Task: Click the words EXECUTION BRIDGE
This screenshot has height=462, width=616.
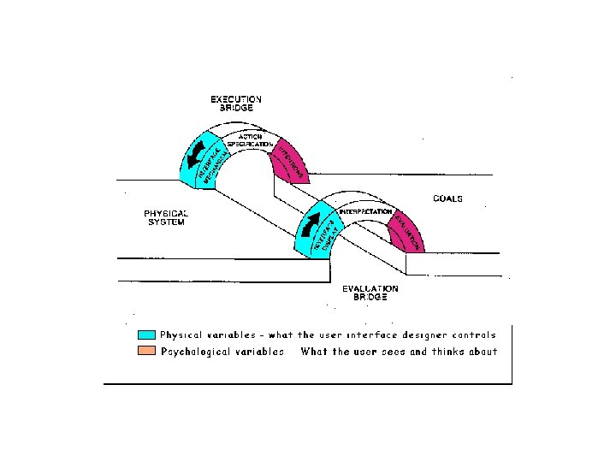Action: [236, 104]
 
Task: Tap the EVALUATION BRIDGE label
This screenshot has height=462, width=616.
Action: [370, 293]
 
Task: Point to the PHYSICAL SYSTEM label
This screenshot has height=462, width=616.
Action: [165, 217]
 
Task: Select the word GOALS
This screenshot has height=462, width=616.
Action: [447, 198]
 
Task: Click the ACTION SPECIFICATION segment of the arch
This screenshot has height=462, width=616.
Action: [250, 141]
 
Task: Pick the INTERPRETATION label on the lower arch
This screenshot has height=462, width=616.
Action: [365, 211]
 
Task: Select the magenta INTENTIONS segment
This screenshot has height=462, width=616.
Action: [290, 161]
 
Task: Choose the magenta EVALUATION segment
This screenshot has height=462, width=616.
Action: [406, 233]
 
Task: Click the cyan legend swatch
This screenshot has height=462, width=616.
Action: [146, 335]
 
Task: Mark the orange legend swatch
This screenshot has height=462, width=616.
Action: [146, 352]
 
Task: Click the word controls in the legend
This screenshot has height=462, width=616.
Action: [475, 335]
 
